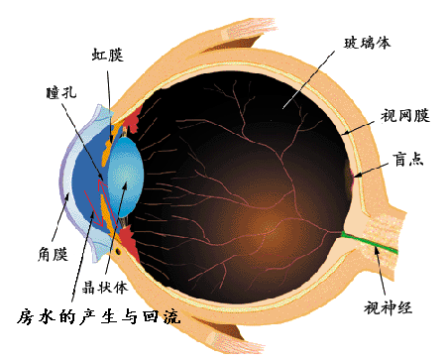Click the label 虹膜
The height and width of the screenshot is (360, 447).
pos(107,55)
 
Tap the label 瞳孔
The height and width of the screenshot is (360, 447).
pos(61,92)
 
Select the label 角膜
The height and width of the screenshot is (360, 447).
pos(53,254)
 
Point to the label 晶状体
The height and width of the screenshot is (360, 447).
pos(105,288)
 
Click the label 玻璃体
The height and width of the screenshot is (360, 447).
pos(367,43)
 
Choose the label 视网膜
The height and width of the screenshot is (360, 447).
pos(405,116)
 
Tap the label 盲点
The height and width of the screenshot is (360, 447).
pos(408,159)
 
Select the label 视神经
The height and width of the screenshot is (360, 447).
pos(389,307)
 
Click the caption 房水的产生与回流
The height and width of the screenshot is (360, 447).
pos(99,316)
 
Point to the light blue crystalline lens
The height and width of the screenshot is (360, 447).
pos(126,177)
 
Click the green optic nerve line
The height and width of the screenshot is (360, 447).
pos(370,242)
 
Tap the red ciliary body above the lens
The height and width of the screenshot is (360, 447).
pos(135,119)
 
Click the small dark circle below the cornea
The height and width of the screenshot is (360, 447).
pos(118,252)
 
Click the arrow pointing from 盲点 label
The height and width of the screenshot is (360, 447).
pos(371,170)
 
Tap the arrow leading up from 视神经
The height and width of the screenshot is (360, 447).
pos(380,270)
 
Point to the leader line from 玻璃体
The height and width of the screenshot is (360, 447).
pos(309,79)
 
